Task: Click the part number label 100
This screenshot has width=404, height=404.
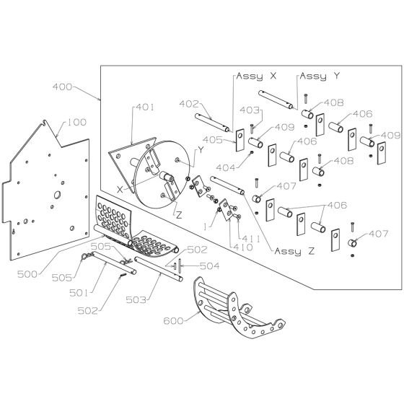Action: pos(76,122)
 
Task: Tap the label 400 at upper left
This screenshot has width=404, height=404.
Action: pos(63,87)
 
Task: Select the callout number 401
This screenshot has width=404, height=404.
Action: pos(145,107)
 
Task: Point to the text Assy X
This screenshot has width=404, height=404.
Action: pos(256,76)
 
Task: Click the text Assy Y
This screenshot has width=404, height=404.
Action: pos(320,76)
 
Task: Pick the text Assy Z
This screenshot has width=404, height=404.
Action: pos(295,251)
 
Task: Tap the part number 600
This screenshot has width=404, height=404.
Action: pos(174,321)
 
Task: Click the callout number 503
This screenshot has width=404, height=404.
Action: pos(136,299)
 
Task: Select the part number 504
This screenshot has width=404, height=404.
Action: pos(210,266)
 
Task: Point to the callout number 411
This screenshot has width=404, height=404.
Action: pos(247,239)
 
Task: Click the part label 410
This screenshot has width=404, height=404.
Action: pos(243,247)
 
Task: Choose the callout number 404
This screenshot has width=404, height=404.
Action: pos(226,167)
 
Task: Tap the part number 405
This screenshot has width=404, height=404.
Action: pos(213,140)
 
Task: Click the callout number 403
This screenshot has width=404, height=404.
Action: pos(250,110)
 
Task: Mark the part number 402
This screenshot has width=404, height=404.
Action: pos(189,104)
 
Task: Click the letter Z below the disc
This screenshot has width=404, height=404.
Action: pos(179,215)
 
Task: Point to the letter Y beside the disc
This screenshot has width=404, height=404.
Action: pos(201,150)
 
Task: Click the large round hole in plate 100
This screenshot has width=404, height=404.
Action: pos(57,195)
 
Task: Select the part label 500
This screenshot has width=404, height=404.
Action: pos(27,274)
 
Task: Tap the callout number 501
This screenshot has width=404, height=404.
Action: pos(79,293)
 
